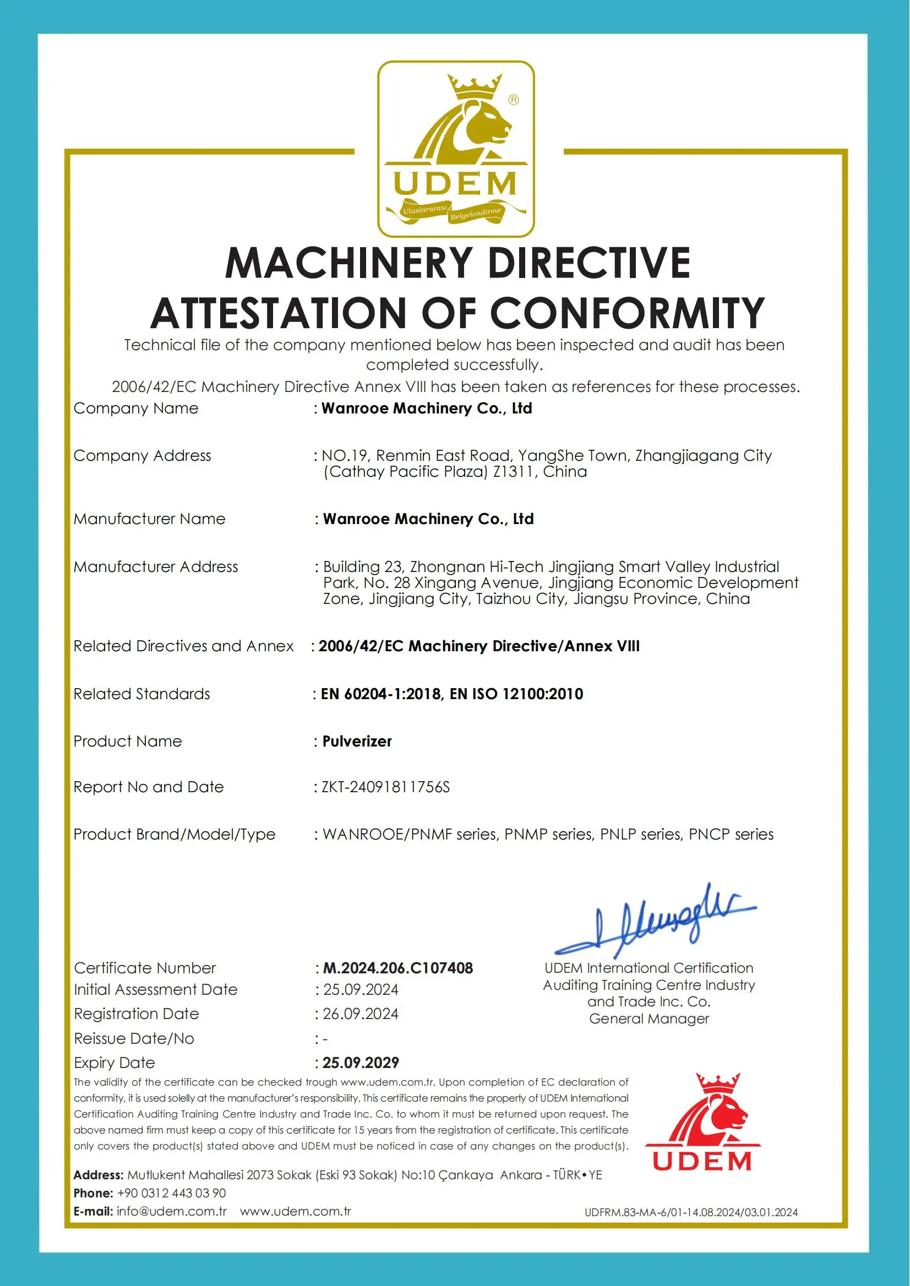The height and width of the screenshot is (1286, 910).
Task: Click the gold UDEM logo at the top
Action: click(456, 149)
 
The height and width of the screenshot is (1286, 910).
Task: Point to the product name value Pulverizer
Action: click(357, 742)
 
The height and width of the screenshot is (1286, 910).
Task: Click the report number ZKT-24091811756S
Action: click(385, 787)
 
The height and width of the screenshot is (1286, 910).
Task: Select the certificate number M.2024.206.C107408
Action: click(398, 968)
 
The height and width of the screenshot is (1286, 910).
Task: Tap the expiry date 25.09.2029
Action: click(361, 1062)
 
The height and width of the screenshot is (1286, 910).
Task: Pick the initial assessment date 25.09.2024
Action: click(361, 990)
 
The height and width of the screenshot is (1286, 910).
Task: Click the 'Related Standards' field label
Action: click(142, 694)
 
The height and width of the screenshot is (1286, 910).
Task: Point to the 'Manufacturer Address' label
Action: click(156, 567)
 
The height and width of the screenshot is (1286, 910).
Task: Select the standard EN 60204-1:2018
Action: click(381, 694)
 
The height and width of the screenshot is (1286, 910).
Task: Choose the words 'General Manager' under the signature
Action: click(649, 1018)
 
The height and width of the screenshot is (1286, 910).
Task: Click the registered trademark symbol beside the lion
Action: click(513, 100)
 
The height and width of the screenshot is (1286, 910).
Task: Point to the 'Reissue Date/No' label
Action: click(134, 1038)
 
